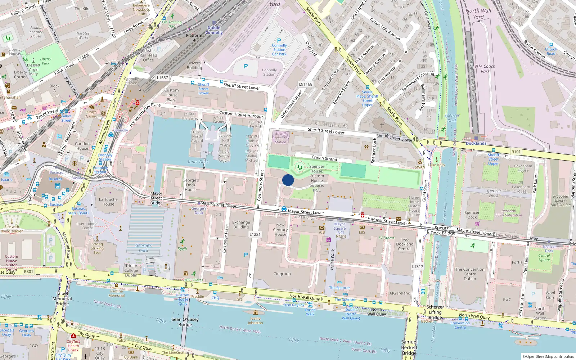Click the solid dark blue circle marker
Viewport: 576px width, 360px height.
pos(288,180)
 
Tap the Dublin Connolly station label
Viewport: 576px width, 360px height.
pos(214,30)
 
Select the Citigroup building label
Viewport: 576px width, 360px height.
pos(282,274)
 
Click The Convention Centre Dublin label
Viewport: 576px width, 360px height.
pos(469,274)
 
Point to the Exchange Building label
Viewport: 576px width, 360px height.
pos(241,225)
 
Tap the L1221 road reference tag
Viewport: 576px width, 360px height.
pos(255,234)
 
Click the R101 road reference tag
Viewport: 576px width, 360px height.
pos(516,152)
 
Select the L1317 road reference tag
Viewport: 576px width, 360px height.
pos(417,267)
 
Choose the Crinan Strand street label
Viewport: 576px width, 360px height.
pos(324,158)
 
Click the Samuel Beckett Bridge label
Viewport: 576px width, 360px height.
pos(409,347)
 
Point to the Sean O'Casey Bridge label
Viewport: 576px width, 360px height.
pos(185,322)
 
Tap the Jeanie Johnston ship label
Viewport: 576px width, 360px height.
pos(255,320)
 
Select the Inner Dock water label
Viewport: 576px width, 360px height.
pos(198,162)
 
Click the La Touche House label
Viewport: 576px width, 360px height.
pos(108,202)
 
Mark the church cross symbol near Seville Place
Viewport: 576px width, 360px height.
pos(382,125)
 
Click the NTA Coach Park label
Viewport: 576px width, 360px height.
pos(485,69)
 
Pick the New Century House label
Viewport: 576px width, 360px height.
pos(280,230)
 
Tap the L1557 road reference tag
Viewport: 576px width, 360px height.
pos(162,78)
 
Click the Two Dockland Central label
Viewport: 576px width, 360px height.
pos(405,244)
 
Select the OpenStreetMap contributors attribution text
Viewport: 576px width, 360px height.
pos(548,356)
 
